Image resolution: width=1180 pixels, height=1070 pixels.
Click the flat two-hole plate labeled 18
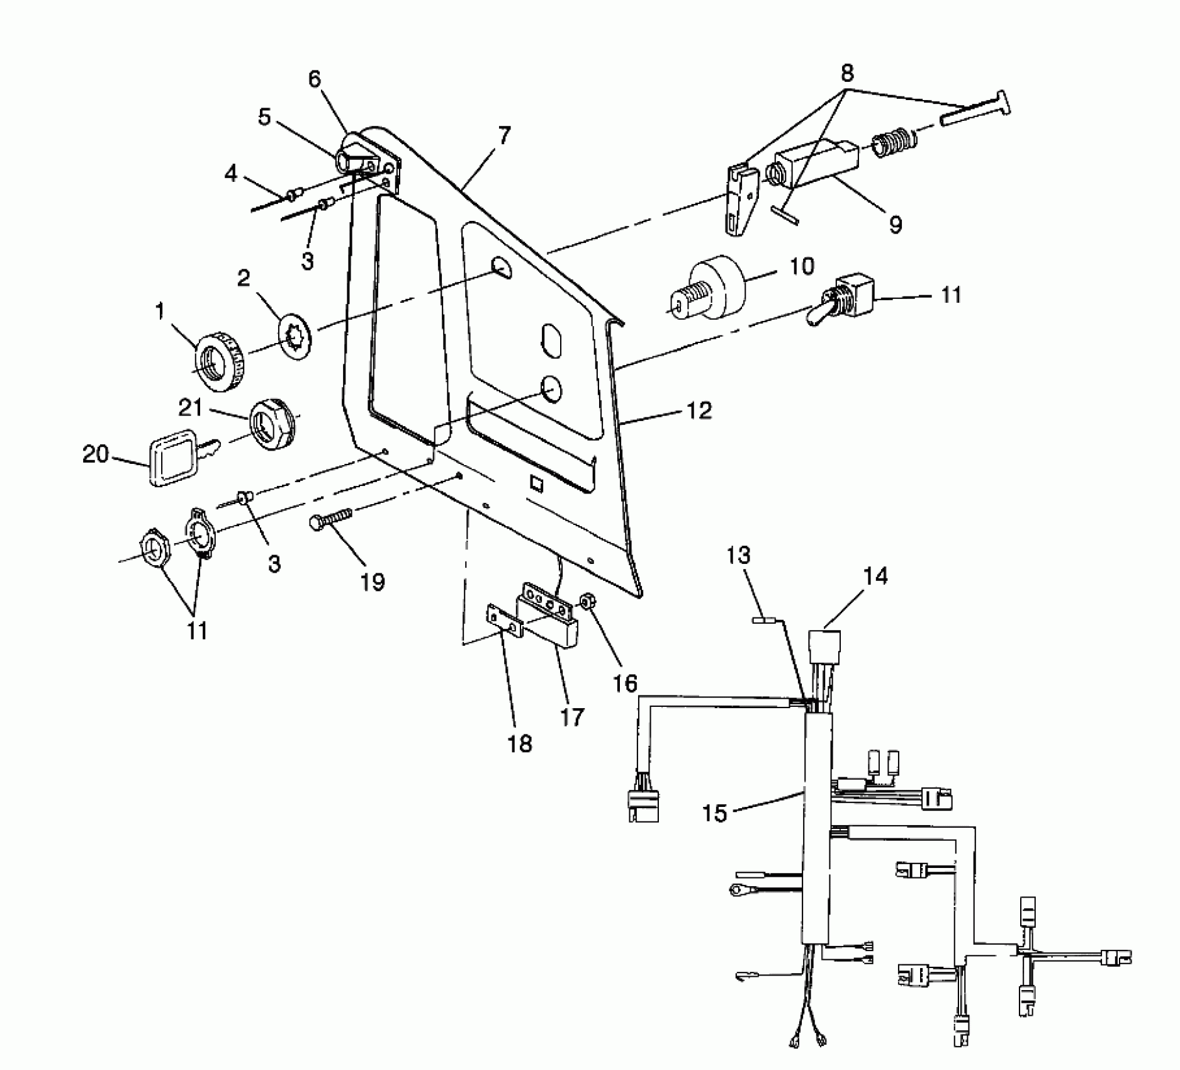pos(505,621)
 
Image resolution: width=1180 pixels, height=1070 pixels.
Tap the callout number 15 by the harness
pos(714,813)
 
